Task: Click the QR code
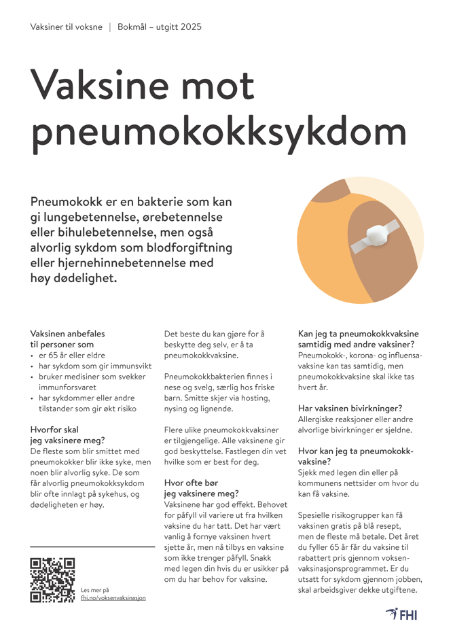[x=52, y=580]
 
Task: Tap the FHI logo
[x=401, y=614]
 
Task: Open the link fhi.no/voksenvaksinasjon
[x=113, y=597]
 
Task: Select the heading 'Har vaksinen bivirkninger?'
[x=350, y=408]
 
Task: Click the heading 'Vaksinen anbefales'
[x=68, y=334]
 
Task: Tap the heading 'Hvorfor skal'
[x=55, y=430]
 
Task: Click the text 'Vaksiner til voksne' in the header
[x=67, y=27]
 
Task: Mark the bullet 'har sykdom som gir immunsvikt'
[x=94, y=366]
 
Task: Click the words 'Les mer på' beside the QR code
[x=94, y=590]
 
